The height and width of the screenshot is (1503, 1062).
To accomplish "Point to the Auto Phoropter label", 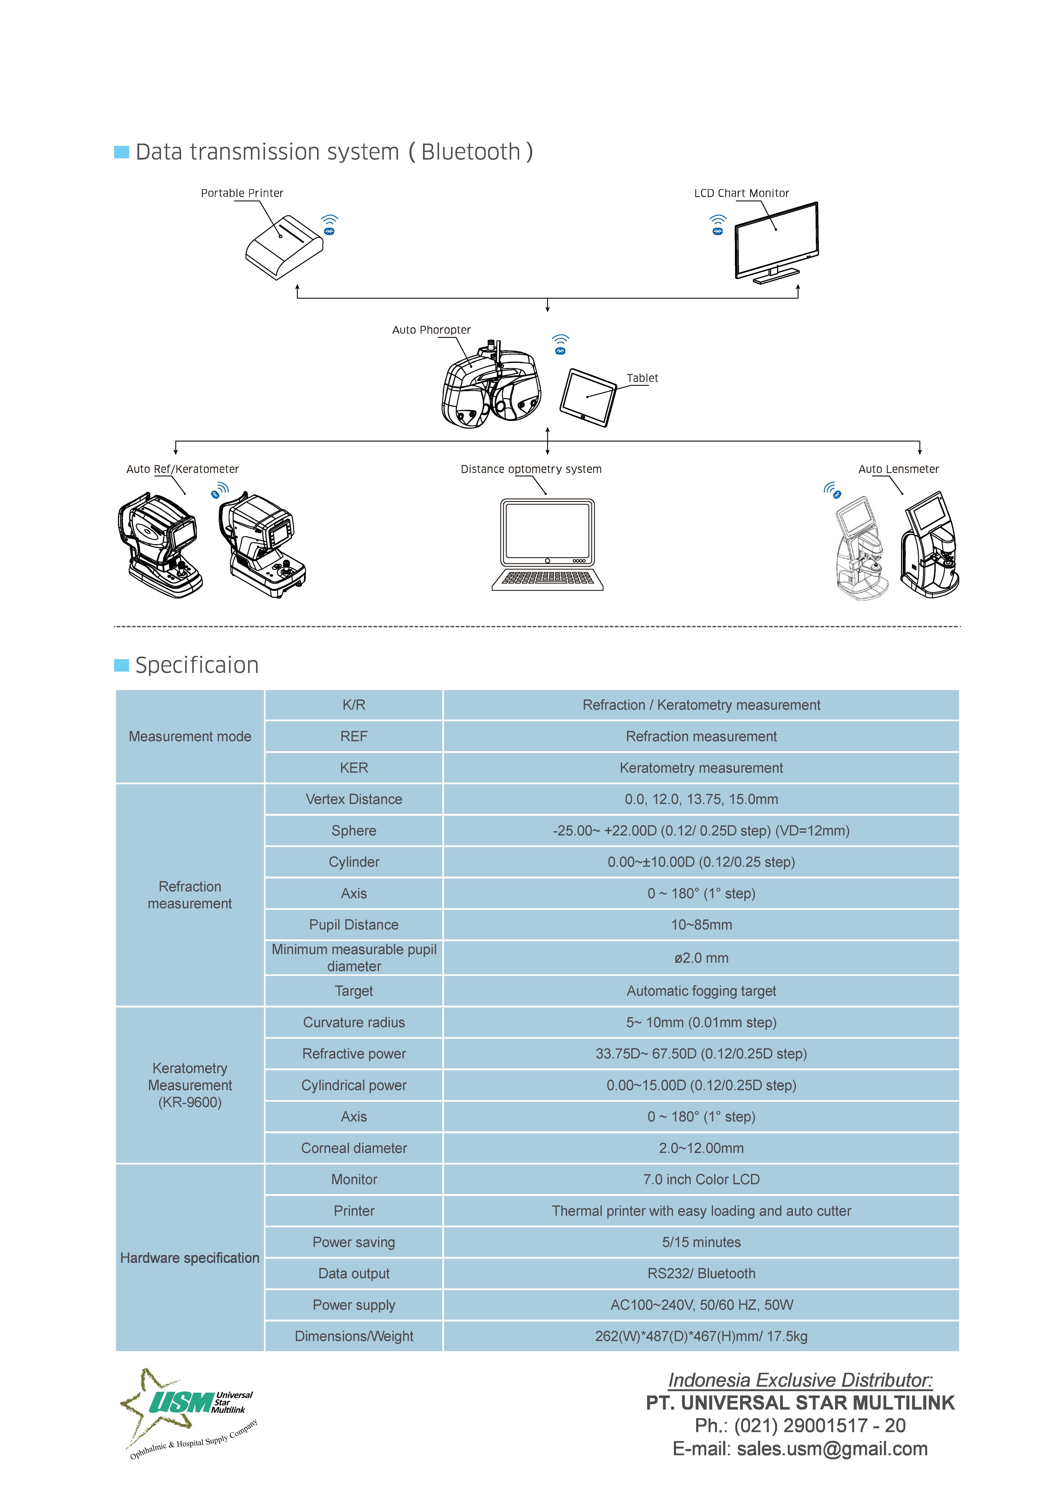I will [x=431, y=330].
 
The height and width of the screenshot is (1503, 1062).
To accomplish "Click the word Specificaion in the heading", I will [x=197, y=665].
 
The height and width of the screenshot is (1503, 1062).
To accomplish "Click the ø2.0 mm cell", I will [x=701, y=958].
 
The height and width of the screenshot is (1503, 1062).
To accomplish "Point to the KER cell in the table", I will [x=354, y=768].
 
